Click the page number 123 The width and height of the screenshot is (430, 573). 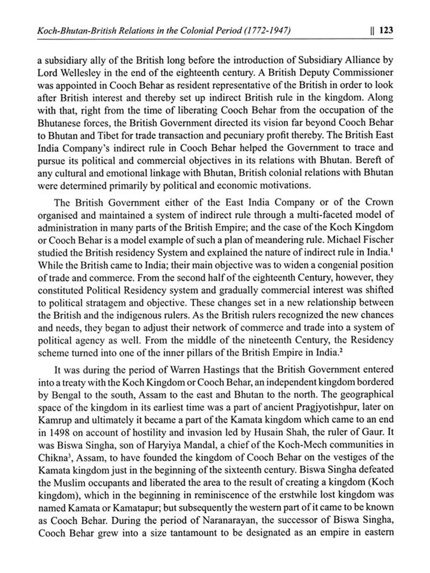[386, 30]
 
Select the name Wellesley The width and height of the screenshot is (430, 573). [81, 73]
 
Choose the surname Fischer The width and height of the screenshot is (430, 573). [378, 240]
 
